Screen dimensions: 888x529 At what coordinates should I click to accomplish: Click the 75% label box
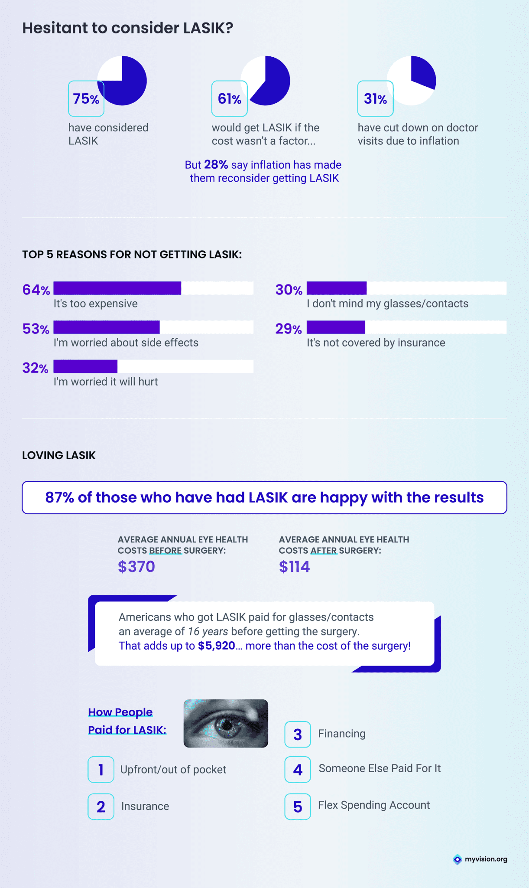tap(86, 98)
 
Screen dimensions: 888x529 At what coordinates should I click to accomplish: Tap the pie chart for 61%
tap(269, 78)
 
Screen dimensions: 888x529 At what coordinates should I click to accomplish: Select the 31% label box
tap(375, 98)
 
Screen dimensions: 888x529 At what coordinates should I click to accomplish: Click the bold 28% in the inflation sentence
tap(216, 165)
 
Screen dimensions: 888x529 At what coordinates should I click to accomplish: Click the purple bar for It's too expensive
tap(117, 288)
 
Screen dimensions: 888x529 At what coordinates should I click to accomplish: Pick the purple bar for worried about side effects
tap(107, 327)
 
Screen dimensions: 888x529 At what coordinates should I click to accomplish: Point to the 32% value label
tap(36, 368)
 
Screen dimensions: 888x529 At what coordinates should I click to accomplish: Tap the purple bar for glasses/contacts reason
tap(337, 288)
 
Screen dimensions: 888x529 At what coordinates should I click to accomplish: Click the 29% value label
tap(289, 329)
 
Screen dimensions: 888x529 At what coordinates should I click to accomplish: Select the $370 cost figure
tap(136, 566)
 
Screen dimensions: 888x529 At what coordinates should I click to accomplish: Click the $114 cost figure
tap(294, 566)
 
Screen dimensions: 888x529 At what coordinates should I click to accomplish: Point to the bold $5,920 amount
tap(216, 646)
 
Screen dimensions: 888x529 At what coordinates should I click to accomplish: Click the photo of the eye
tap(226, 723)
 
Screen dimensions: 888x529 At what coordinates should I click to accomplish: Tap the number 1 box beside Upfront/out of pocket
tap(101, 769)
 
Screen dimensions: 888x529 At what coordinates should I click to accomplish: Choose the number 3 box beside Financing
tap(298, 734)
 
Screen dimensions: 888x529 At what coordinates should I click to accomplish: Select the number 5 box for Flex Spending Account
tap(298, 806)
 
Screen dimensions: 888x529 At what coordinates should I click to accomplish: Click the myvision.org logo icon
tap(458, 859)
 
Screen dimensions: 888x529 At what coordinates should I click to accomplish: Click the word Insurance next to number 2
tap(145, 806)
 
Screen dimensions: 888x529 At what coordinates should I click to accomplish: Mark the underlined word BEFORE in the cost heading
tap(165, 551)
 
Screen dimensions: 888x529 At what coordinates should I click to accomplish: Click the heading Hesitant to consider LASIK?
tap(128, 28)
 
